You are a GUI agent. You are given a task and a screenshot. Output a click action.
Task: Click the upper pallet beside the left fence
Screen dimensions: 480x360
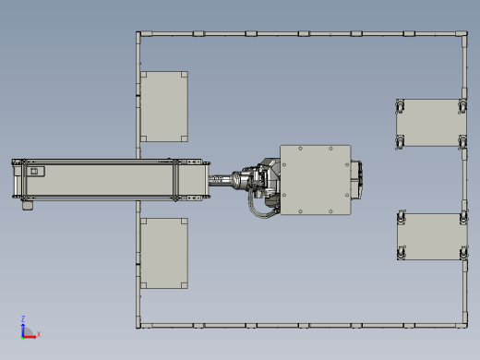(x=164, y=106)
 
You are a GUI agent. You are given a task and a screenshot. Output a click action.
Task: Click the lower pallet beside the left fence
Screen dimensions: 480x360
(x=164, y=253)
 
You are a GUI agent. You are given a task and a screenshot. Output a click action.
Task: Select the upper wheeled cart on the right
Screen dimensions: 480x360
(x=431, y=123)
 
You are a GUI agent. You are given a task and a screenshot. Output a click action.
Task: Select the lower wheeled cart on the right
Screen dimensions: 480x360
(x=432, y=236)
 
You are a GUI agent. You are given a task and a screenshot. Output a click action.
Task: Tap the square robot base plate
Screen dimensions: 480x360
(x=316, y=180)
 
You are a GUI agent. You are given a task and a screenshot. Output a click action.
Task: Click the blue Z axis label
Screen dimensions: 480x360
(x=23, y=318)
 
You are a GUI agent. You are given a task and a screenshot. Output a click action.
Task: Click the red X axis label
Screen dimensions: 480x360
(x=39, y=334)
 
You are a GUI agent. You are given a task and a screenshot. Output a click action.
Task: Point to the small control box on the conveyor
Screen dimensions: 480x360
(x=36, y=172)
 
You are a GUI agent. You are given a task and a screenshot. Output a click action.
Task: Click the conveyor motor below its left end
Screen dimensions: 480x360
(x=28, y=206)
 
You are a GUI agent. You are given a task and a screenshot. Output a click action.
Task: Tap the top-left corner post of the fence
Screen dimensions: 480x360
(x=138, y=33)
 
